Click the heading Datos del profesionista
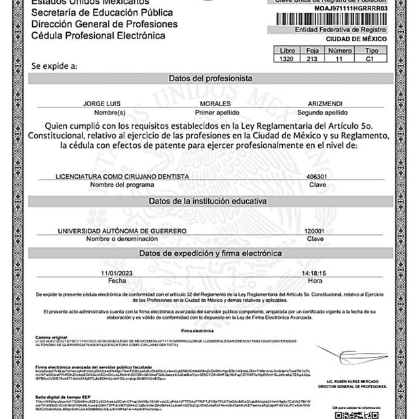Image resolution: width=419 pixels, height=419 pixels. coord(210,78)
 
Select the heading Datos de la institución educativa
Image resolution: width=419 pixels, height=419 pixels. coord(210,201)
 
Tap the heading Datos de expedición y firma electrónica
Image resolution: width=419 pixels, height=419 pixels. coord(210,253)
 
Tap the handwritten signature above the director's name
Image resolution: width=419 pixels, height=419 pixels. coord(367,357)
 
